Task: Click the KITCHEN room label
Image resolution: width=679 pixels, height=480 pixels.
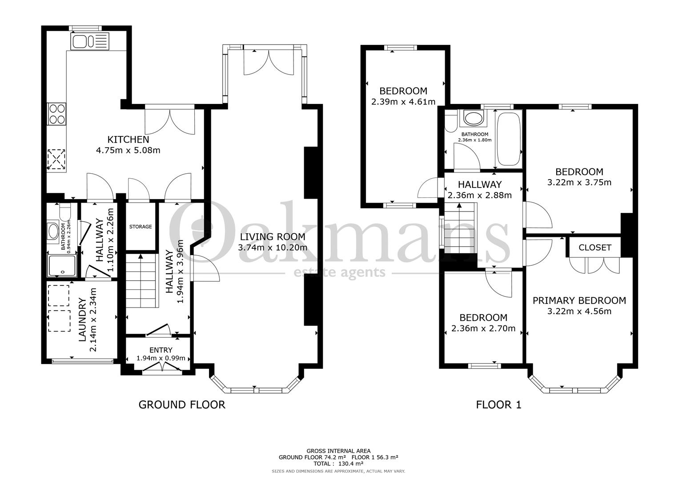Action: pos(128,140)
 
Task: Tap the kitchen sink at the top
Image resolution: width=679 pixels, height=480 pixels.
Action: pos(88,42)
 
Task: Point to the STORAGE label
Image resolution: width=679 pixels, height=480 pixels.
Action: pos(141,227)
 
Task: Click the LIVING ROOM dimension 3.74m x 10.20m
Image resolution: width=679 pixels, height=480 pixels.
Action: pos(273,248)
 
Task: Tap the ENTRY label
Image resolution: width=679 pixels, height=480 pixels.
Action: pos(161,350)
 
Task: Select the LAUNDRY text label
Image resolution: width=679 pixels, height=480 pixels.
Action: pos(83,320)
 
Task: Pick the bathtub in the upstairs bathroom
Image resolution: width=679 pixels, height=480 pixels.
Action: pos(509,139)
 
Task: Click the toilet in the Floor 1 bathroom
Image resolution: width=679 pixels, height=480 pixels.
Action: pos(450,120)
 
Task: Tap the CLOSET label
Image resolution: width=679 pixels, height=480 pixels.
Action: pos(595,248)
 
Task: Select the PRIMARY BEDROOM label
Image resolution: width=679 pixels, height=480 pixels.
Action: pos(579,301)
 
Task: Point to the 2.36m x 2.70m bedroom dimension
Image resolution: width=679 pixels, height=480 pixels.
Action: pos(483,329)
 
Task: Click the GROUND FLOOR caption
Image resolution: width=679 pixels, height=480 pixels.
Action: pos(182,404)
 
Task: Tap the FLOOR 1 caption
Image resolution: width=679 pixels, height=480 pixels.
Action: pos(498,404)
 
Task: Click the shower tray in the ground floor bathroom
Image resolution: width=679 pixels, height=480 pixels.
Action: pos(62,265)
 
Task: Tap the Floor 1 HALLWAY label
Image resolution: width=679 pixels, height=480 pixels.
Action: pos(479,184)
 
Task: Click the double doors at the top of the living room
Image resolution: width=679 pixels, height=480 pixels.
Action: pos(269,62)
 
